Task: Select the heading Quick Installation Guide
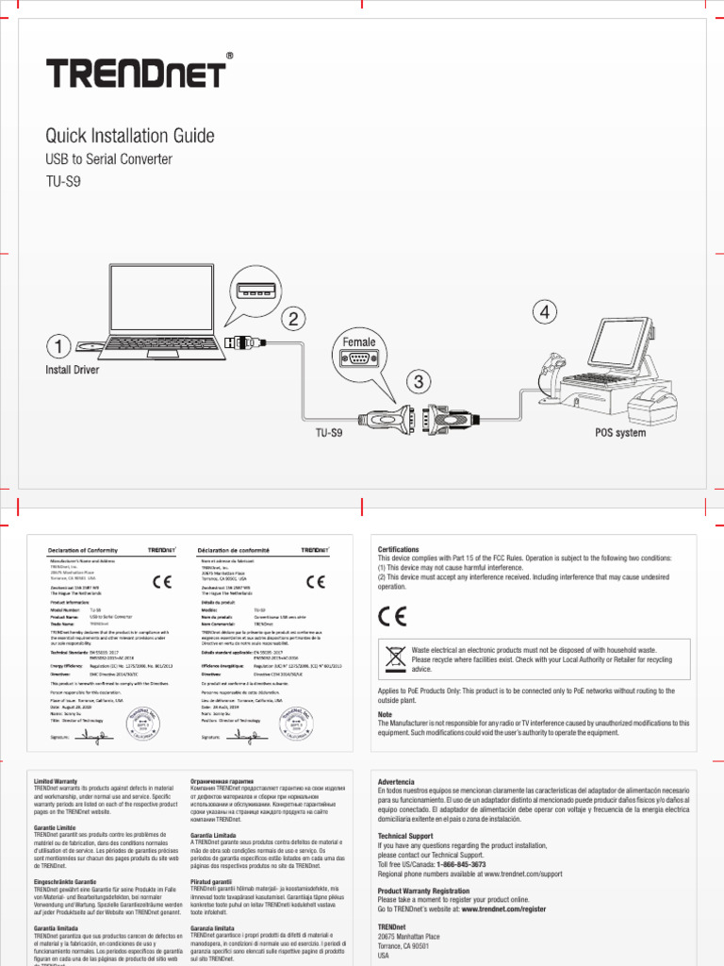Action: click(x=130, y=136)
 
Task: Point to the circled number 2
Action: click(x=294, y=319)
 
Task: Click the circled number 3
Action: click(x=418, y=381)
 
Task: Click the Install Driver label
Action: click(x=73, y=370)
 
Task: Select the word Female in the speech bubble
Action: click(x=359, y=342)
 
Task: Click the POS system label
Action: click(x=619, y=433)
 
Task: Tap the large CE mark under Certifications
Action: click(x=392, y=616)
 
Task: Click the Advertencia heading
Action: click(x=396, y=783)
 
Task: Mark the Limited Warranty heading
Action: click(x=57, y=783)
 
